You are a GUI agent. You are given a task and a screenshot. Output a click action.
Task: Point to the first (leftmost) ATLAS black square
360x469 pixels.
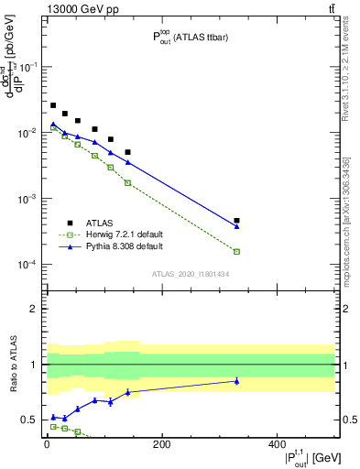click(53, 105)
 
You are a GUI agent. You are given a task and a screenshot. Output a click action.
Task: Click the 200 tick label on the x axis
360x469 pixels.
click(161, 444)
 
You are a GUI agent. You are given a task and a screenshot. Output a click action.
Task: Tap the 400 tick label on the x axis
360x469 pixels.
click(276, 444)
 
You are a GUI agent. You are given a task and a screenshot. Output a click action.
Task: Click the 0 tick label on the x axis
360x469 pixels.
click(47, 444)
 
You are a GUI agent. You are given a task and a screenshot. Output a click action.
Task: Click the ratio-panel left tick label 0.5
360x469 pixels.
click(30, 420)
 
